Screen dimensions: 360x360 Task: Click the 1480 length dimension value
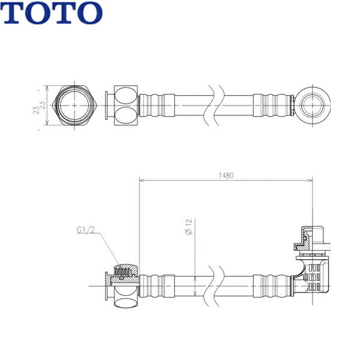[x=226, y=176]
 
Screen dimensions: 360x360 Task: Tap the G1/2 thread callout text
[x=87, y=229]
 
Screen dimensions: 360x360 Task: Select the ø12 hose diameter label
[x=188, y=226]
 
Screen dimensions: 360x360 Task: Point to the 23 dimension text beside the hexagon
[x=38, y=106]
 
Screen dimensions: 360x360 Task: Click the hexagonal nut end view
[x=74, y=106]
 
